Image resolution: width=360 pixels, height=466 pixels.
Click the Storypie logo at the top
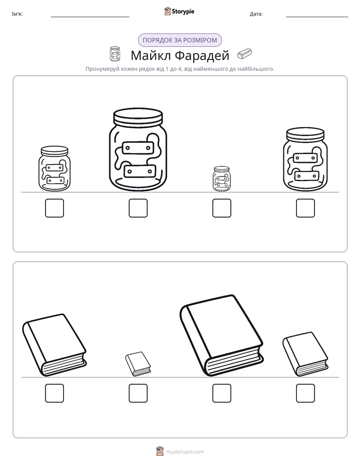179,11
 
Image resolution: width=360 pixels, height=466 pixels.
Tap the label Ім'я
17,14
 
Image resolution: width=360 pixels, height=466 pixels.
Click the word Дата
256,14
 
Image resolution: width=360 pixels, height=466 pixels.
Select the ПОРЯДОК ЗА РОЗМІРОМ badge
179,40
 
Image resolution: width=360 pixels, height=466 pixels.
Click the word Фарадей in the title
202,55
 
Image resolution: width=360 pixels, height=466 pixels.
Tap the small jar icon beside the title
115,54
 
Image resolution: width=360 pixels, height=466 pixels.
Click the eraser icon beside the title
245,53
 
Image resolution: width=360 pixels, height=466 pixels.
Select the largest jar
138,149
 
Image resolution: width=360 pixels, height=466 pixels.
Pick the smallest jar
221,179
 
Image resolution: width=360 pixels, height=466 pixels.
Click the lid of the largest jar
138,117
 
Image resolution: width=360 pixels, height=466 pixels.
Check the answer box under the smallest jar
221,208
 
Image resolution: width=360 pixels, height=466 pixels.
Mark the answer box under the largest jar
138,208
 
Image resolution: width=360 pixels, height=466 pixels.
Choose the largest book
221,336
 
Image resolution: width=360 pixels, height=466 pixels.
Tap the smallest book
138,364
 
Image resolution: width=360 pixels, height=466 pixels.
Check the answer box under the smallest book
138,393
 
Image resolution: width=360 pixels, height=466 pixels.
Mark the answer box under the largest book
221,393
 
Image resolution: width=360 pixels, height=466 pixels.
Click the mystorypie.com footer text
185,452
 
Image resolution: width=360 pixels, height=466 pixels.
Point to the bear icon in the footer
160,451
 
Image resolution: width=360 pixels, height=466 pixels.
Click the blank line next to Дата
317,17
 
